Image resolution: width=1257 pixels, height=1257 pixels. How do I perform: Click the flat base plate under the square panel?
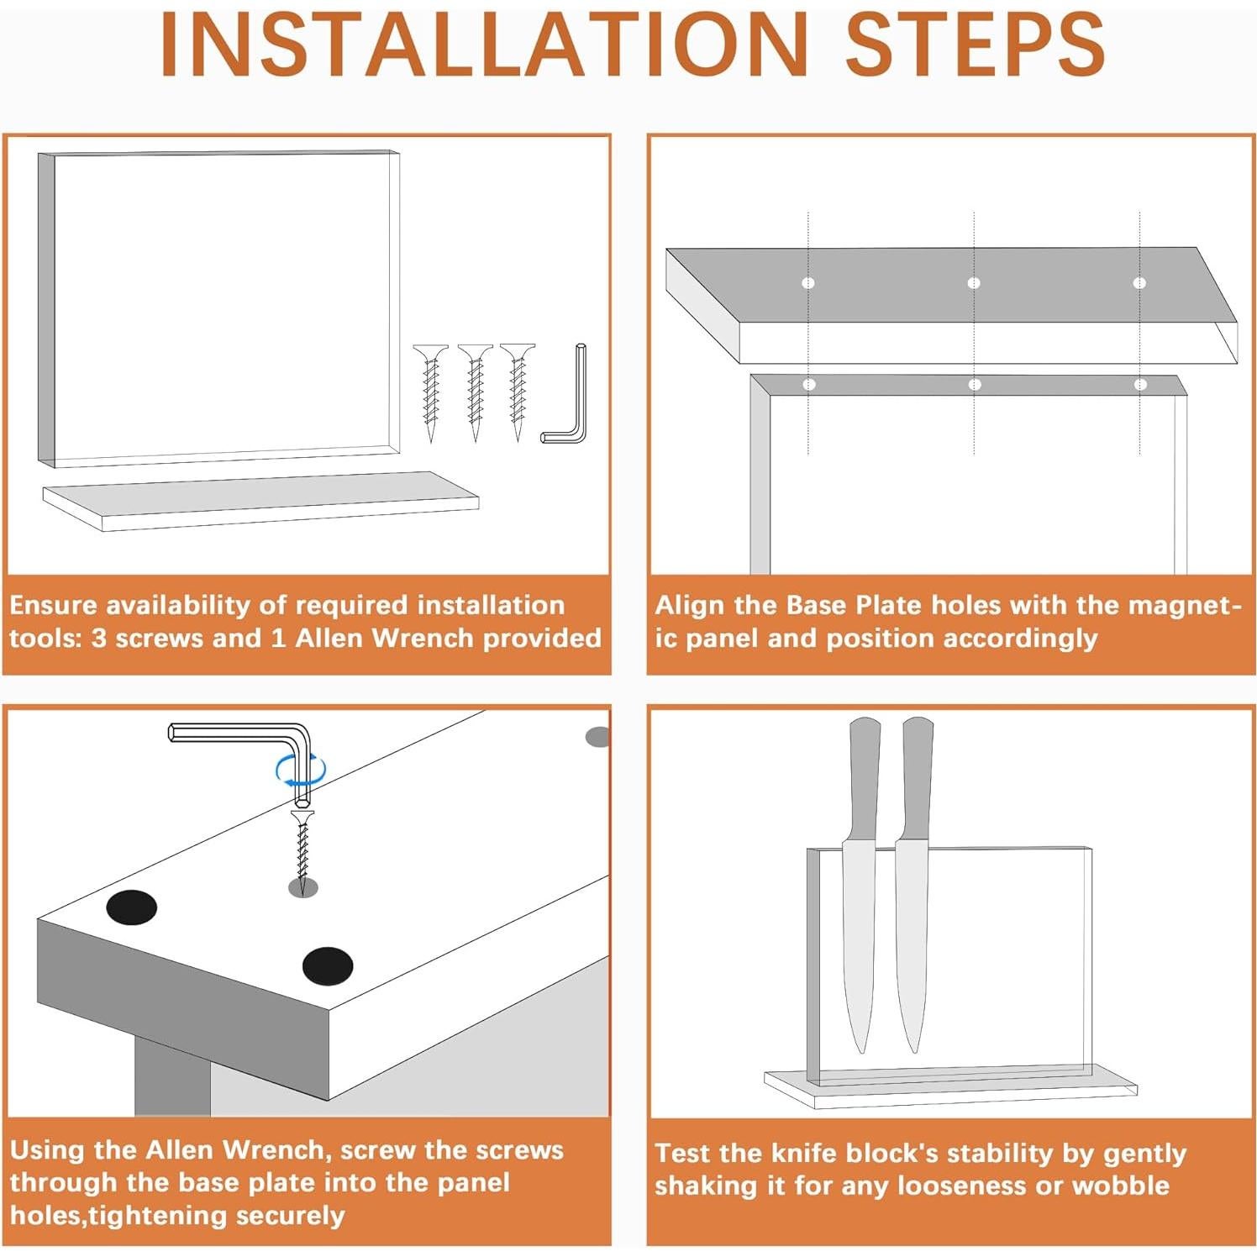click(x=260, y=501)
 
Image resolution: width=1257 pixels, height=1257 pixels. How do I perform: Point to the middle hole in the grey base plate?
click(x=974, y=283)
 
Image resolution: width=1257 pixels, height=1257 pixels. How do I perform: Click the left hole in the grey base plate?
click(x=808, y=283)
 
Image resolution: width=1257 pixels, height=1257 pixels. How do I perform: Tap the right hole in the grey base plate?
click(x=1139, y=283)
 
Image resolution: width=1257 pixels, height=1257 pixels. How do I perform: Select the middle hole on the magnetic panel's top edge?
click(x=975, y=385)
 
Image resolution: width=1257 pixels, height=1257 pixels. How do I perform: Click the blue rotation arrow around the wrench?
click(x=300, y=771)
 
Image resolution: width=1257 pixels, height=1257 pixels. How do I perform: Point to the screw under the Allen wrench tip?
click(x=302, y=844)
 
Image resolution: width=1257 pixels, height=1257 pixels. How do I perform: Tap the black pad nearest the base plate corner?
click(x=328, y=966)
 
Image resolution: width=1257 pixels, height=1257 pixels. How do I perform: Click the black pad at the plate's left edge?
click(x=132, y=907)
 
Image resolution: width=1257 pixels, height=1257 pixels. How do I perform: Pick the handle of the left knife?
click(x=864, y=777)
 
